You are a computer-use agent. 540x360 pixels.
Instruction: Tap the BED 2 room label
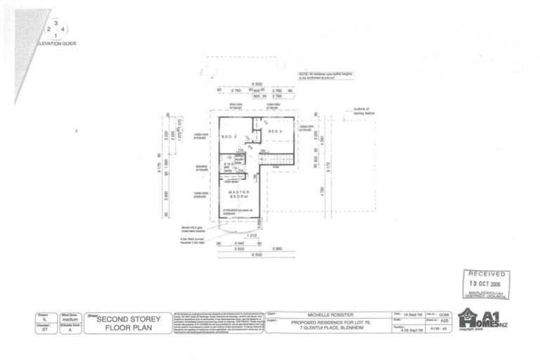pos(228,136)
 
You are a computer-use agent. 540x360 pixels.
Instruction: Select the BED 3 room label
pos(274,131)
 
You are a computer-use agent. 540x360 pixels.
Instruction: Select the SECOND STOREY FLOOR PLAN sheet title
pos(128,322)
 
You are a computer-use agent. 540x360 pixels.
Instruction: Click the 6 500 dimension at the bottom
pos(257,254)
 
